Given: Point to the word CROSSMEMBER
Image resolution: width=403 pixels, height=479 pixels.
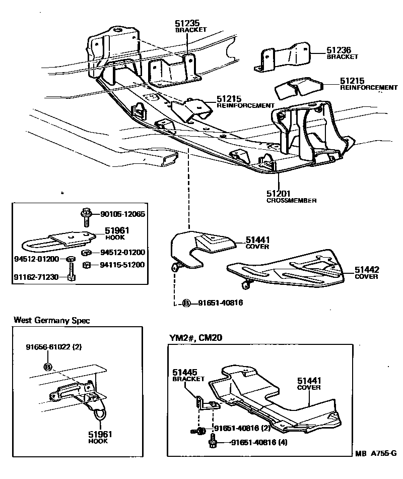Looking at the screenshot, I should click(x=291, y=200).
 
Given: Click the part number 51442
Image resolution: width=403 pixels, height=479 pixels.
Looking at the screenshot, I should click(x=366, y=270).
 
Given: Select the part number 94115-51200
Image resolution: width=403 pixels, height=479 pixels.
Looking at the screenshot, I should click(x=122, y=264).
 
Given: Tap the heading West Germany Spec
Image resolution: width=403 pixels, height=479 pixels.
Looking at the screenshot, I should click(x=52, y=320).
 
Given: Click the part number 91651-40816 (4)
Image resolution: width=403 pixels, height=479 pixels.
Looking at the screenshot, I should click(x=260, y=444).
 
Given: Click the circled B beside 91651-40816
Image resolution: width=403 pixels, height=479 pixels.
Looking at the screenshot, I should click(x=186, y=303).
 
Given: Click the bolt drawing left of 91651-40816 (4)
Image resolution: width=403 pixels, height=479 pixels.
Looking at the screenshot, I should click(x=212, y=444).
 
